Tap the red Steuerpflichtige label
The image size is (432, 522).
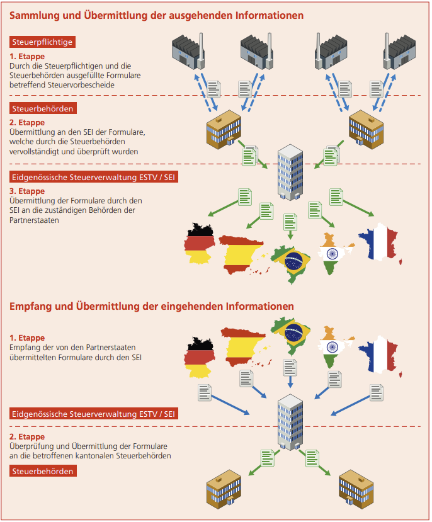[43, 42]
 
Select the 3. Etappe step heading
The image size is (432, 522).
[27, 191]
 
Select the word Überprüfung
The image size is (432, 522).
[32, 446]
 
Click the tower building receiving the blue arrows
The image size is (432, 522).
[290, 422]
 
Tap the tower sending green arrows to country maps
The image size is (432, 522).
[290, 170]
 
